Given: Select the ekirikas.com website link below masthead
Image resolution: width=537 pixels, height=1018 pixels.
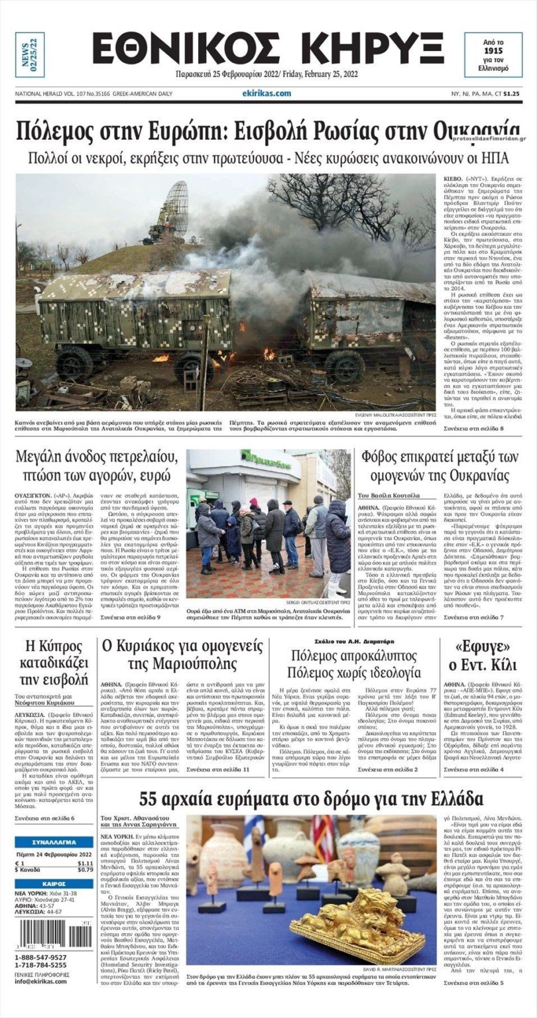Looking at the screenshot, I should pyautogui.click(x=267, y=93).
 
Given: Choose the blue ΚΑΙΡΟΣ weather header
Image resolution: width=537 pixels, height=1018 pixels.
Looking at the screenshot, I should pyautogui.click(x=54, y=883).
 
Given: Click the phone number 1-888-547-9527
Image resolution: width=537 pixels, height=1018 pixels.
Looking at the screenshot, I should pyautogui.click(x=40, y=957).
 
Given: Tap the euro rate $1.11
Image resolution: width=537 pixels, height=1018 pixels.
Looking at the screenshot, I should pyautogui.click(x=85, y=863).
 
